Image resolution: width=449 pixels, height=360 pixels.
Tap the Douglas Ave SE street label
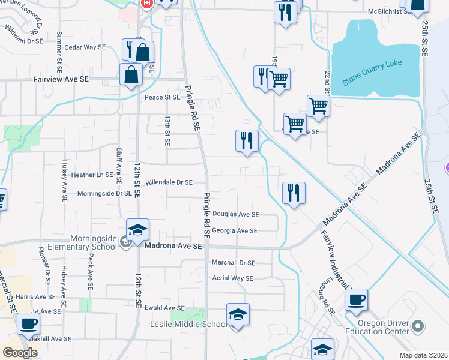pos(235,214)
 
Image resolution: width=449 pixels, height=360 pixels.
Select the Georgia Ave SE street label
pos(235,231)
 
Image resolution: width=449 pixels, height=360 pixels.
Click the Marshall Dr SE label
pos(234,263)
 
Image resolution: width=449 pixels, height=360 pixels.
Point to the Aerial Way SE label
pos(233,278)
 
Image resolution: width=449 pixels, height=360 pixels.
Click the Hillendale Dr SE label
pos(169,182)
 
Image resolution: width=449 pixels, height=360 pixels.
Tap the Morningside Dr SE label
pos(104,193)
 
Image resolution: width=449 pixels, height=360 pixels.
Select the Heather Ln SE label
pos(92,175)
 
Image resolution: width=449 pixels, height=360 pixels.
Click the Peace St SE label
pos(162,97)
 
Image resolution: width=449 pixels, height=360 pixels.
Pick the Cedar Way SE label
pos(85,47)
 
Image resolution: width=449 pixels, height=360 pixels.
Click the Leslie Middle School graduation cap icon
pos(238,315)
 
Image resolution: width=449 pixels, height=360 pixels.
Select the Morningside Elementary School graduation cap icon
pos(137,230)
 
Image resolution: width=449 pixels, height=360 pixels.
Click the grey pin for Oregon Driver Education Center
pos(418,327)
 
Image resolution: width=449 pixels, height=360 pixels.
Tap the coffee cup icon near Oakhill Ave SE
pos(28,324)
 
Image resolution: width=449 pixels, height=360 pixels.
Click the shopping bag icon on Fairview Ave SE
pos(131,76)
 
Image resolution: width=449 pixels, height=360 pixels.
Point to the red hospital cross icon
pos(146,4)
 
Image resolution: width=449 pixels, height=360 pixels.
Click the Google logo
pos(20,353)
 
